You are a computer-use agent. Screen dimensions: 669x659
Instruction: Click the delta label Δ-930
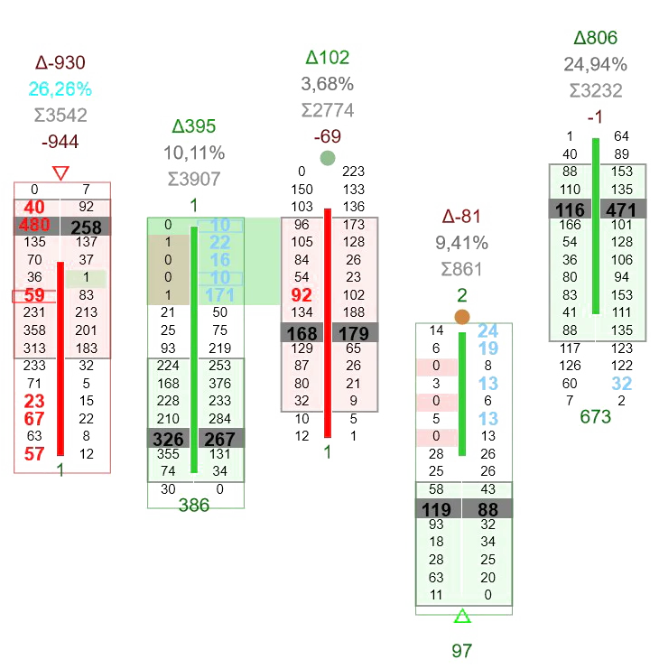60,63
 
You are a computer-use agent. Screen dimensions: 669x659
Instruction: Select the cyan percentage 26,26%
60,89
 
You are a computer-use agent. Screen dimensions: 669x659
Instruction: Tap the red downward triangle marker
60,172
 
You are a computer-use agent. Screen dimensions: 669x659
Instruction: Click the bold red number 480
34,226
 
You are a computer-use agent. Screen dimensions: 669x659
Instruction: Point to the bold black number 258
86,227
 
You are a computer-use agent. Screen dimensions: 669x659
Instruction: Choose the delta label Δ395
194,126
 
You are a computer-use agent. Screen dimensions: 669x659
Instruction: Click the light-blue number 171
219,294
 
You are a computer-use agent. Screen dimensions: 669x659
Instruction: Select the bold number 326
168,438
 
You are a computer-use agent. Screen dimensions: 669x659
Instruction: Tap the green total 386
194,506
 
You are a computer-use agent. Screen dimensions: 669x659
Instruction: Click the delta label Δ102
327,58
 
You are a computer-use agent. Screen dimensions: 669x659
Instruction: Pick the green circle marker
328,158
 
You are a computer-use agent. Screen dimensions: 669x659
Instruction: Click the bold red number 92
302,294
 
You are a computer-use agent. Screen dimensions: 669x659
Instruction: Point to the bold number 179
353,332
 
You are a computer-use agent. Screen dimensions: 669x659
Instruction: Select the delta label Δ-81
462,217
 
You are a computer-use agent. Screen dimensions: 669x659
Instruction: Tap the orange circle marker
462,317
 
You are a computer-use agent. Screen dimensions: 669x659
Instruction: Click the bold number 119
436,510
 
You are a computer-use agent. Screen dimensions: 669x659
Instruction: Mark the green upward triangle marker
462,617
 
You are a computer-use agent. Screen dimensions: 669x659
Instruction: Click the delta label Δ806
596,38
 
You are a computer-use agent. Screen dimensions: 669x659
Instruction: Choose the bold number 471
621,209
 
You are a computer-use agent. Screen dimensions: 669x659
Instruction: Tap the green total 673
596,416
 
